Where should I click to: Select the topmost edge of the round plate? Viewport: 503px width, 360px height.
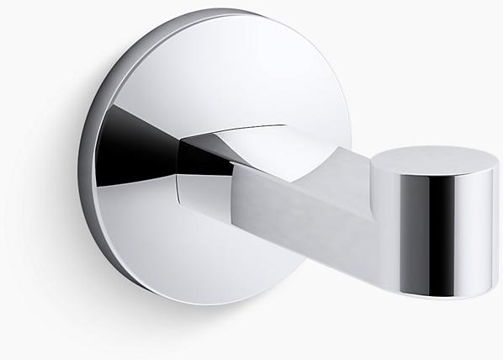coord(193,13)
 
